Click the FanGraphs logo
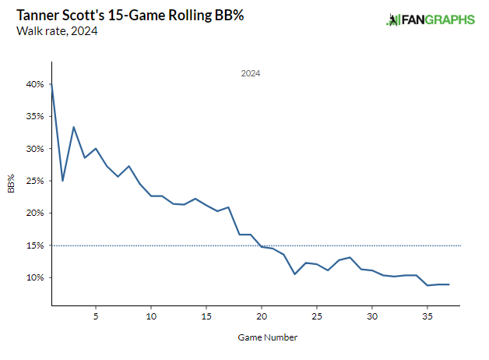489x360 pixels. (x=431, y=19)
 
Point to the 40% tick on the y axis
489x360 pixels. (x=33, y=84)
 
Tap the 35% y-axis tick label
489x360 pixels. (x=33, y=116)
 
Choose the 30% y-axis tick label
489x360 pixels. (x=33, y=149)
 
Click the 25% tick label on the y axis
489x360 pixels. (x=33, y=181)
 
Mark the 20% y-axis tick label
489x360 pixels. (x=33, y=213)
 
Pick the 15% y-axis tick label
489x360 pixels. (x=33, y=245)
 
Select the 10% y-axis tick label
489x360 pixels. (x=33, y=277)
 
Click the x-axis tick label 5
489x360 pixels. (x=96, y=316)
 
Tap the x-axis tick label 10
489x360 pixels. (x=151, y=316)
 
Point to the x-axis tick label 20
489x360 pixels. (x=262, y=316)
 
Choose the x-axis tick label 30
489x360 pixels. (x=372, y=316)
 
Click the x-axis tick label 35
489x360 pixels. (x=427, y=316)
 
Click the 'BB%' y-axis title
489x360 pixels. (x=12, y=183)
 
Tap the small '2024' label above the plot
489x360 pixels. (x=250, y=73)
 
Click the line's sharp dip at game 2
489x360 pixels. (x=62, y=181)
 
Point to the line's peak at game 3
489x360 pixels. (x=73, y=127)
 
